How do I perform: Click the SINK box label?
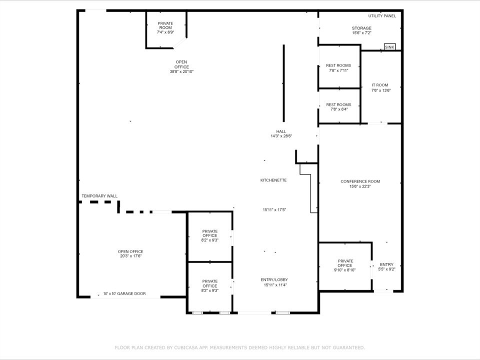pos(389,47)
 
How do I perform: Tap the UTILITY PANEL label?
pos(382,16)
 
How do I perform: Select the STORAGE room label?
pos(361,28)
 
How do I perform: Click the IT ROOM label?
pos(380,85)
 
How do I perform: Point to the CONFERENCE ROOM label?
pos(360,181)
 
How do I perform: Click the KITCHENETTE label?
pos(273,180)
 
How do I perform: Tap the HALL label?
pos(281,131)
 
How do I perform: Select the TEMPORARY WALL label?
pos(99,196)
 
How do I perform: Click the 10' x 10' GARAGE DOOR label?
pos(124,293)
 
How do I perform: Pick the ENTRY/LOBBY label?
pos(274,280)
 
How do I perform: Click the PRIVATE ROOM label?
pos(165,25)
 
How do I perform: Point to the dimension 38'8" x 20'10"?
pos(182,71)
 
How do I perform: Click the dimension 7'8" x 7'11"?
pos(338,70)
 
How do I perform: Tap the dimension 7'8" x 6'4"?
pos(339,109)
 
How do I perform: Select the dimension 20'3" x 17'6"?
pos(130,256)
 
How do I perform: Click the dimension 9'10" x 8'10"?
pos(344,270)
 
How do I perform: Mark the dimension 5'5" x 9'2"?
pos(386,269)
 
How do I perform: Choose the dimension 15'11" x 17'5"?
pos(274,210)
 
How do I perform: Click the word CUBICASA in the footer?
pos(186,348)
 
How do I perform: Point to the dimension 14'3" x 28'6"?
pos(281,136)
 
